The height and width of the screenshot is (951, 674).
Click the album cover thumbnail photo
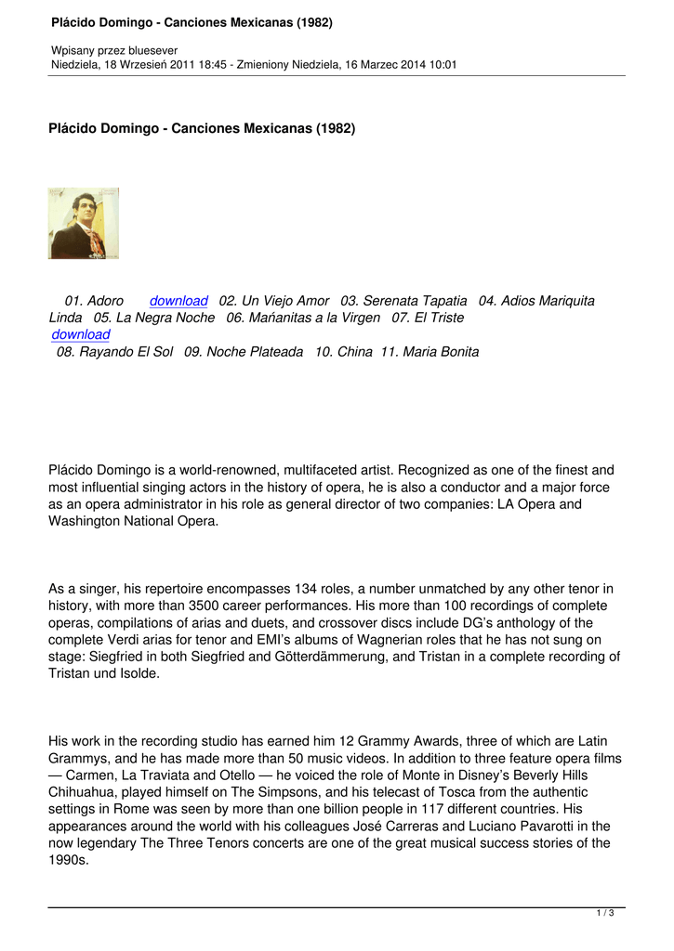point(84,223)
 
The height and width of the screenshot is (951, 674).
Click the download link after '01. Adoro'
point(178,301)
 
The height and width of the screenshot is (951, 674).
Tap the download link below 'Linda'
point(81,334)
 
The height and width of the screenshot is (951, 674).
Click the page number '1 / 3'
point(604,914)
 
